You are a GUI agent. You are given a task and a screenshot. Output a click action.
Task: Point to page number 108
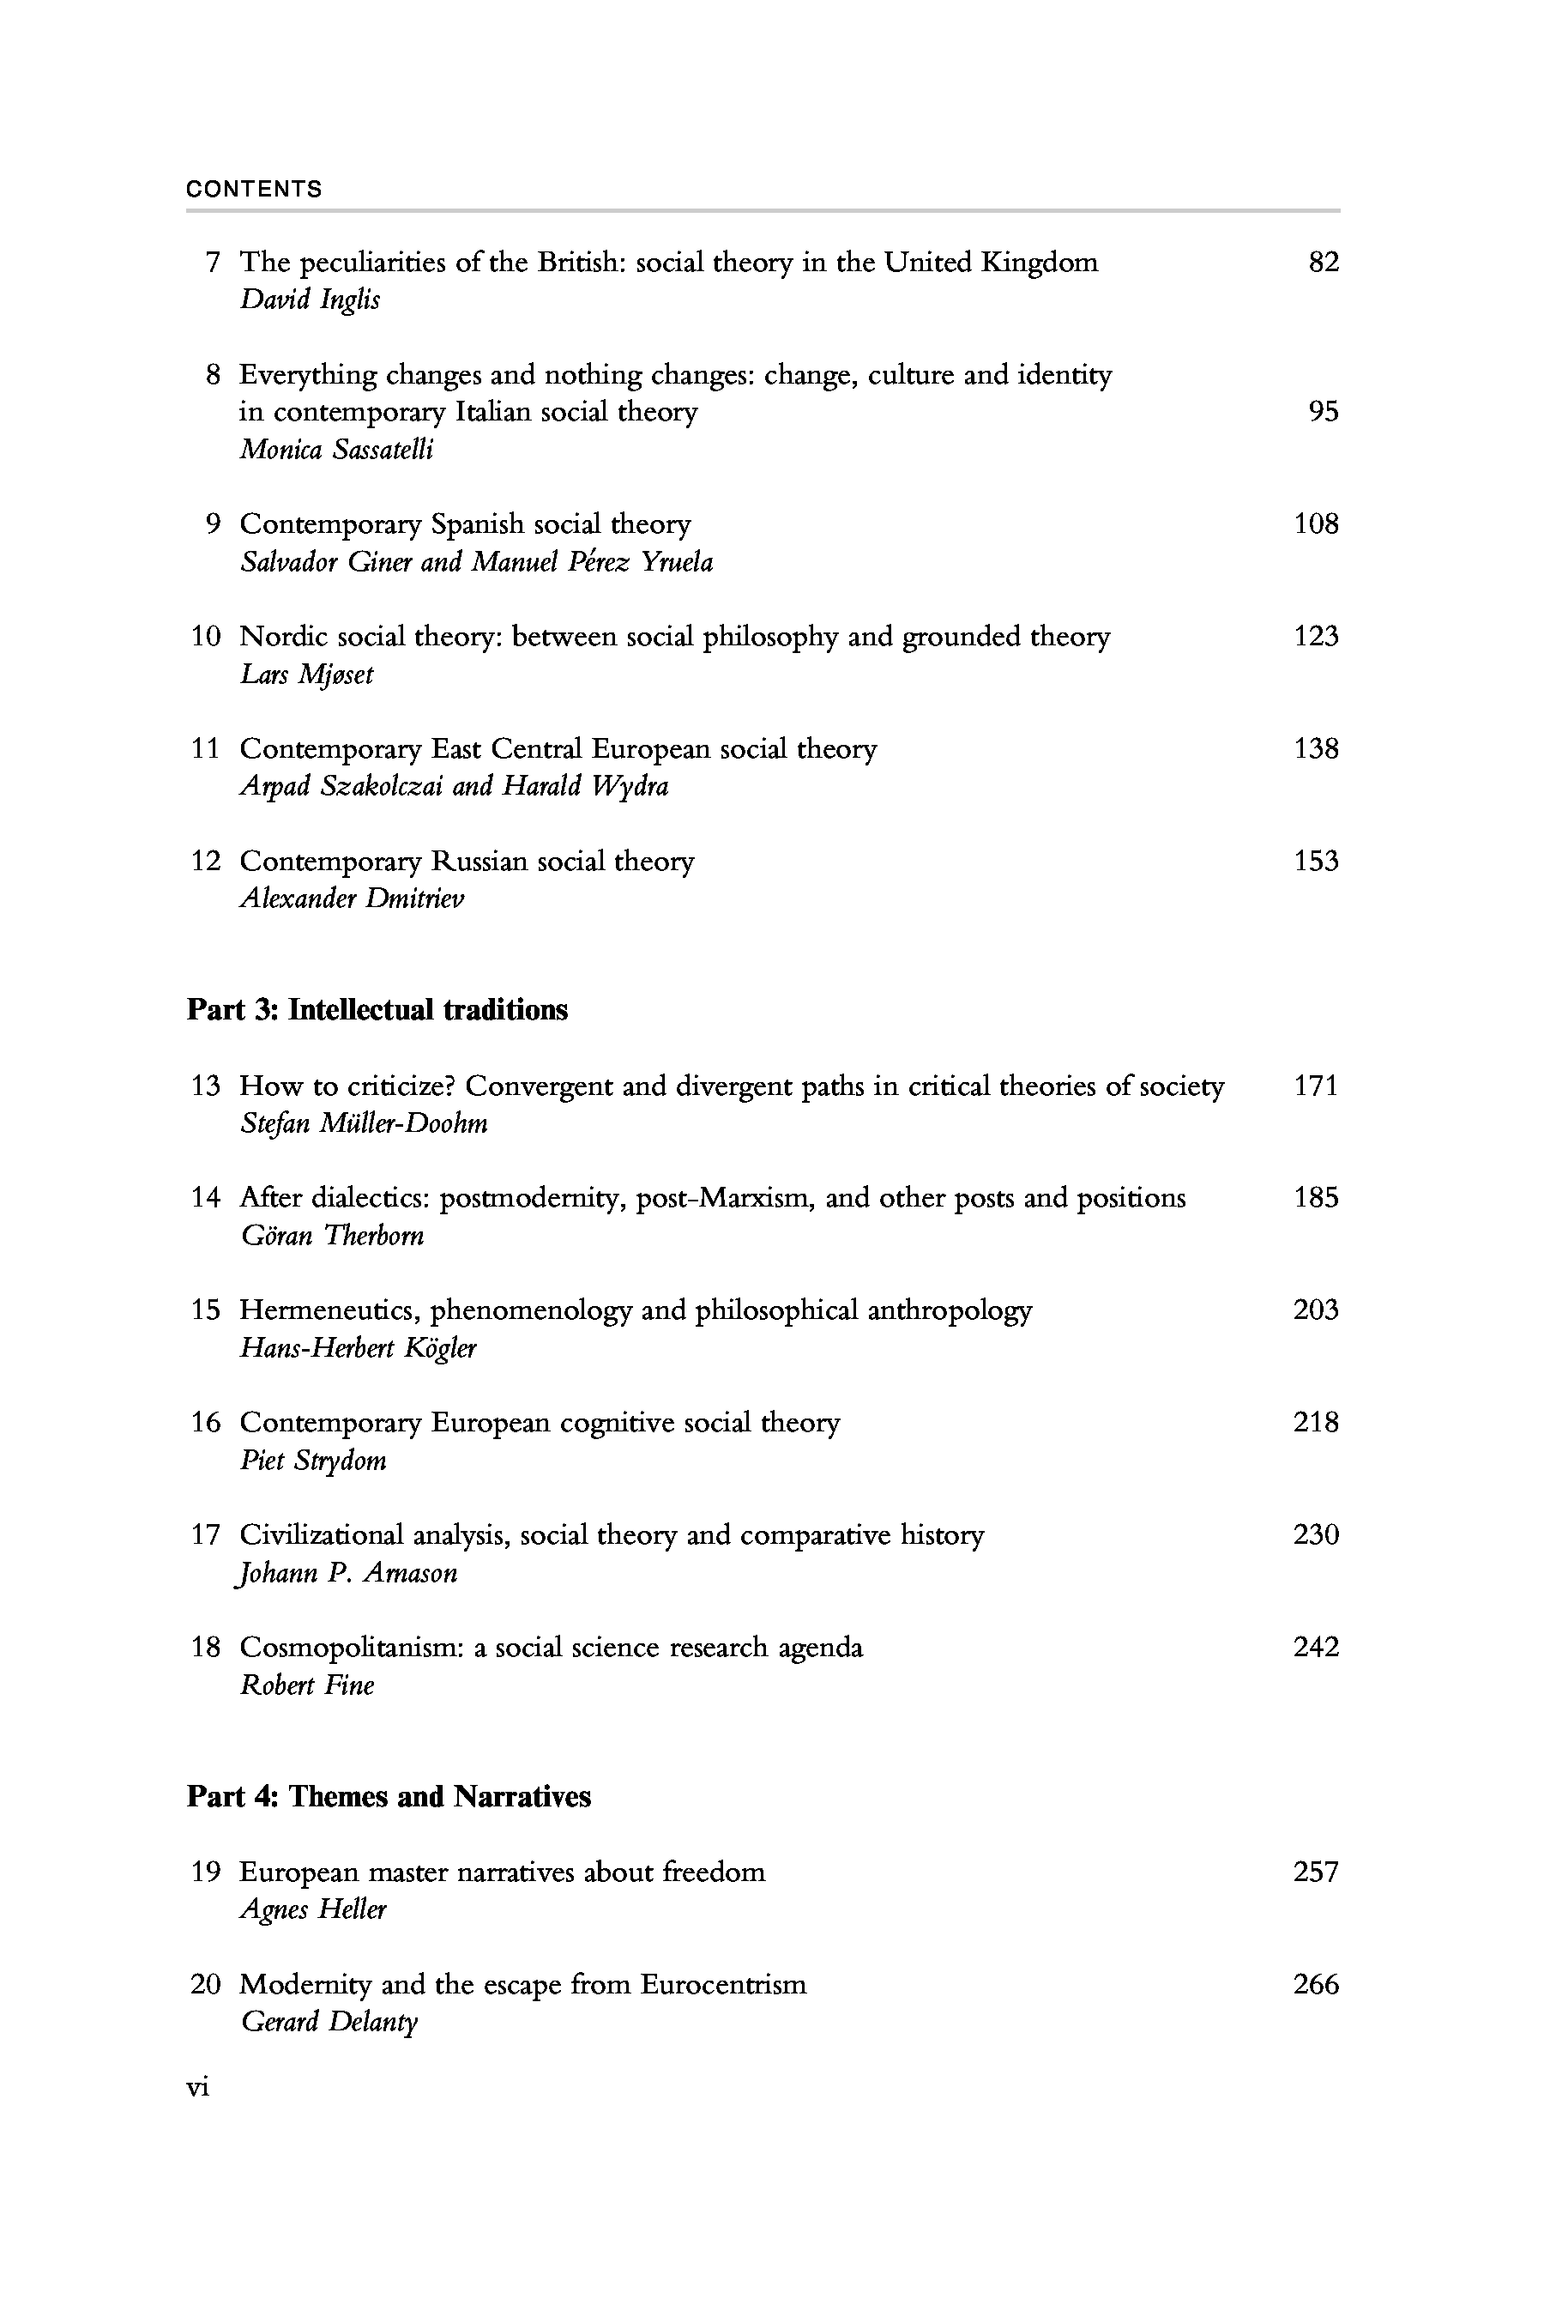click(1317, 524)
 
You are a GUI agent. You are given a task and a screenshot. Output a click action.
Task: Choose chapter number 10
click(206, 637)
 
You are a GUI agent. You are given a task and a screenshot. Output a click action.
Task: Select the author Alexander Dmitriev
click(352, 898)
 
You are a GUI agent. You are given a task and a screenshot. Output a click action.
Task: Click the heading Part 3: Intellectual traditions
click(377, 1010)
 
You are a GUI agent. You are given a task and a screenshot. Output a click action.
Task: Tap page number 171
click(1317, 1086)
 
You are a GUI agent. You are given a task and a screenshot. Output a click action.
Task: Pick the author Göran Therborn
click(333, 1236)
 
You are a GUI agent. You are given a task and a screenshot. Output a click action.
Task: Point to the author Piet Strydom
click(313, 1460)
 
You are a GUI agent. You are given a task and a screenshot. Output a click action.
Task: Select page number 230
click(1317, 1535)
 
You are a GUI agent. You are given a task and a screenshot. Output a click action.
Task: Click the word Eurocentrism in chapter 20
click(723, 1984)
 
